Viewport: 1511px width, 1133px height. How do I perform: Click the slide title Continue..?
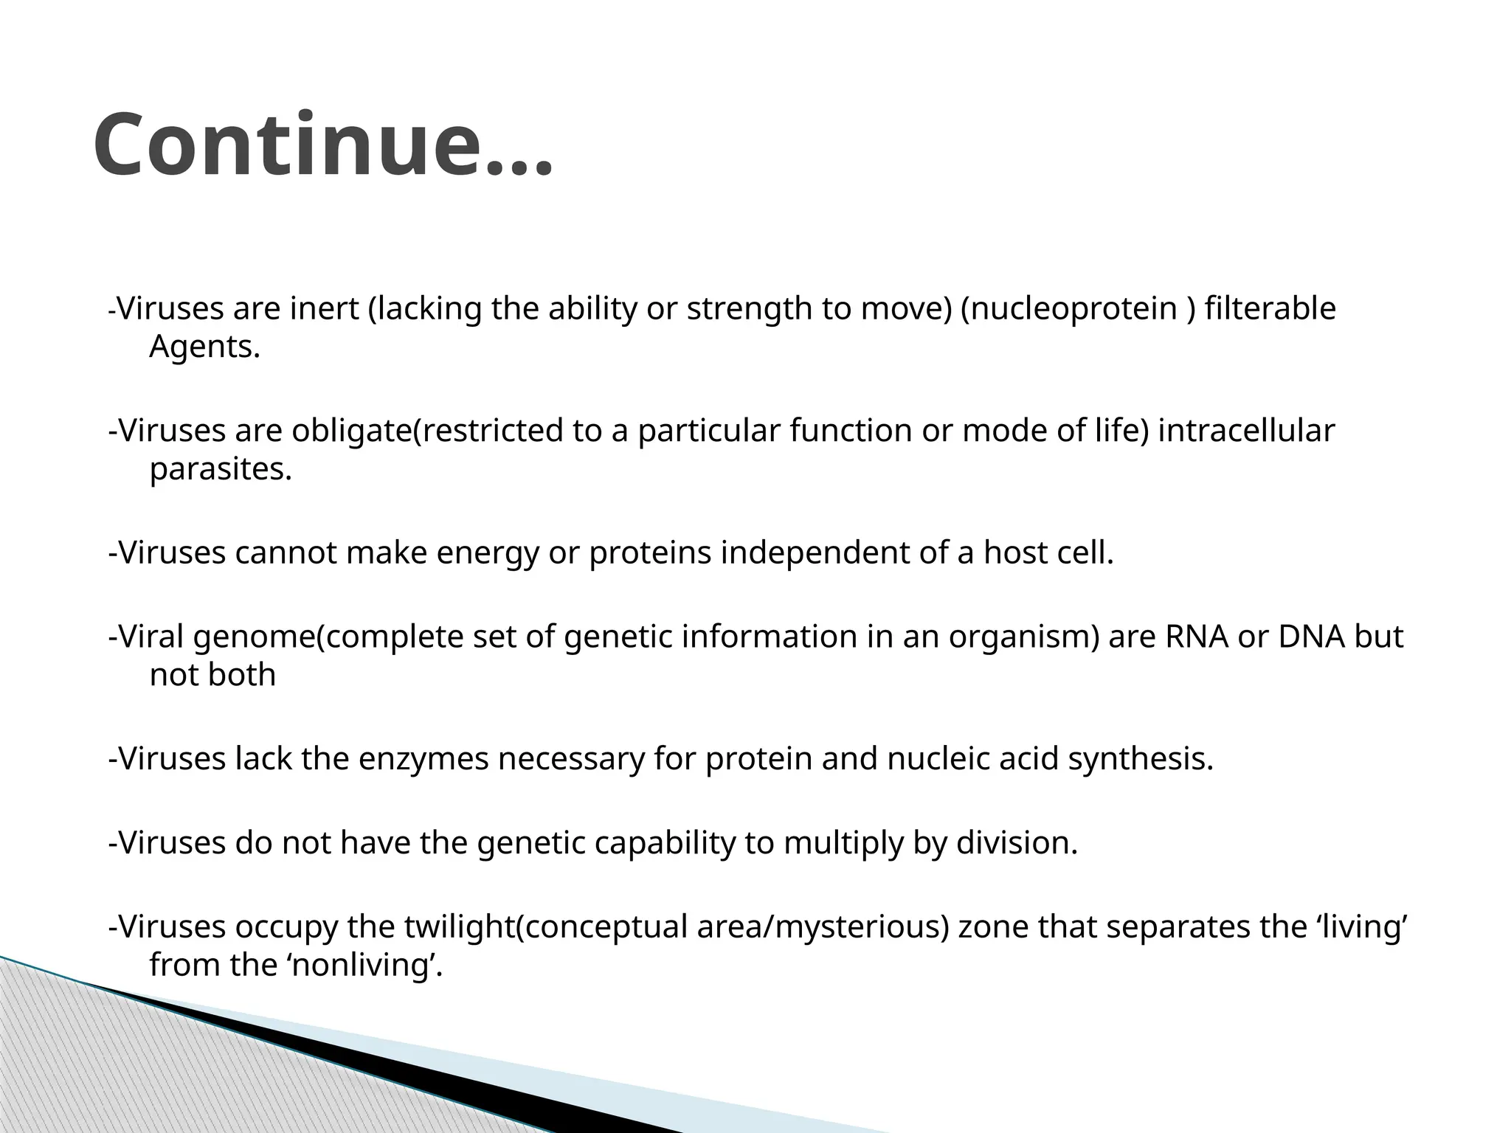coord(322,145)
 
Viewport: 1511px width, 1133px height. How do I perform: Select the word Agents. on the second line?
coord(204,346)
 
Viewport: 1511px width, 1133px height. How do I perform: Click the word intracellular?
coord(1246,431)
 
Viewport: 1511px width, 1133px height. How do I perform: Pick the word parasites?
coord(221,468)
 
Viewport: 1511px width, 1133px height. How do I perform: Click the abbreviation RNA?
coord(1197,637)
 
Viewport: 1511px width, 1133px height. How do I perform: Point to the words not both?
coord(212,674)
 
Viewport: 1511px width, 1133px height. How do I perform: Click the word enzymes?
coord(423,759)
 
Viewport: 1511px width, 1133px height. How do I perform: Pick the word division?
coord(1017,842)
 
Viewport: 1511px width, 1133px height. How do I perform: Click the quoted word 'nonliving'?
coord(363,965)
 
